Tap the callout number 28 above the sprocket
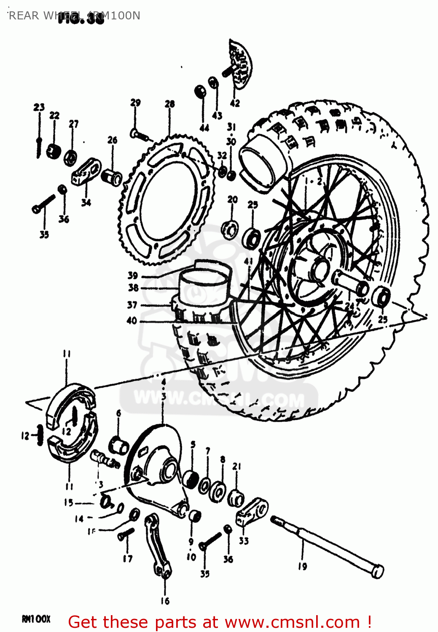(x=169, y=104)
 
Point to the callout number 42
(x=235, y=103)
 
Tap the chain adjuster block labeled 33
(x=252, y=511)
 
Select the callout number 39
(x=133, y=275)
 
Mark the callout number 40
(x=132, y=321)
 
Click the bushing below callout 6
(x=118, y=445)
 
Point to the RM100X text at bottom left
(x=36, y=619)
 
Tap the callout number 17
(x=128, y=558)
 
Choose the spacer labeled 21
(x=236, y=498)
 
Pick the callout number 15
(x=69, y=502)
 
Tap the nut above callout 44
(x=200, y=91)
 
